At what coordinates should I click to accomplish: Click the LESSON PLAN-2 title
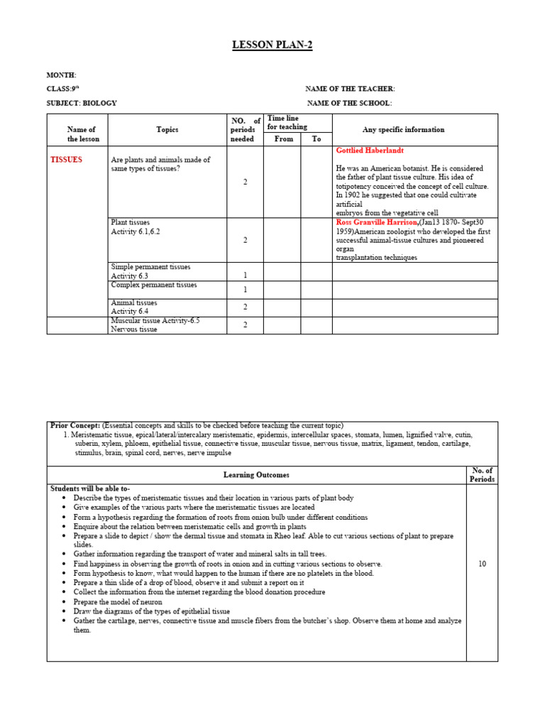[272, 45]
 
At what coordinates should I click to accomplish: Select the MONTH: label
[61, 75]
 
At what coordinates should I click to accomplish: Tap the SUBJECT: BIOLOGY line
[82, 103]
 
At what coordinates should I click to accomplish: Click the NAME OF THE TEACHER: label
[350, 89]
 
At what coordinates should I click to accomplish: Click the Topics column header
[167, 130]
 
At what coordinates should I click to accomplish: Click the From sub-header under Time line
[283, 139]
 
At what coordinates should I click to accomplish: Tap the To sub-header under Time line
[316, 139]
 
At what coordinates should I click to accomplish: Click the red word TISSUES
[66, 160]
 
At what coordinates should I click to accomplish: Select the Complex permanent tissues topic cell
[153, 285]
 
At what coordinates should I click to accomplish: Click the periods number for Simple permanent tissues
[246, 275]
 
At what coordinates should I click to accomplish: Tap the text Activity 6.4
[129, 311]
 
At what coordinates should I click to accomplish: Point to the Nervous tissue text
[134, 329]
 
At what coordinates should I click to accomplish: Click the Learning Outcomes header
[256, 475]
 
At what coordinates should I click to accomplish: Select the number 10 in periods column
[482, 564]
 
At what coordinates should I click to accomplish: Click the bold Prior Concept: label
[75, 425]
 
